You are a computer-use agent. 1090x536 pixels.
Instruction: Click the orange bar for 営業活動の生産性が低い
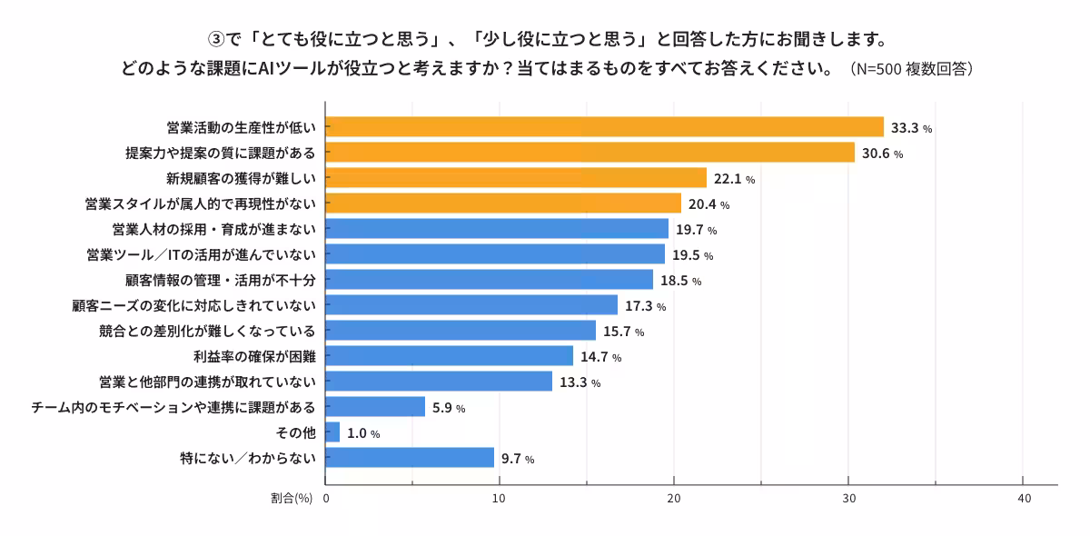point(604,127)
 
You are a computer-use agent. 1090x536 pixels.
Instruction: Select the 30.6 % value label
point(883,154)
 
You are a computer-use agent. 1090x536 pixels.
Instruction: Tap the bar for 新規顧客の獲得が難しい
point(516,178)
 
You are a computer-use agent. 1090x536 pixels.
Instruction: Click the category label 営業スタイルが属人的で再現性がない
point(200,203)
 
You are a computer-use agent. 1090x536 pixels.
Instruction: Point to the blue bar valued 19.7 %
point(497,229)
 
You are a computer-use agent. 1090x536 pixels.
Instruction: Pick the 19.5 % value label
point(692,255)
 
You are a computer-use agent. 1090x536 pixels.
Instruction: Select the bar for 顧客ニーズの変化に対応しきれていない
point(471,305)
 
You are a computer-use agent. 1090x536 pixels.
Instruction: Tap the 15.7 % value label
point(623,332)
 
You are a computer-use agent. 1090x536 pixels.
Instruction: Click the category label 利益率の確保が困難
point(255,356)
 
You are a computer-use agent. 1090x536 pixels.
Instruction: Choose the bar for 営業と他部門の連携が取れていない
point(439,382)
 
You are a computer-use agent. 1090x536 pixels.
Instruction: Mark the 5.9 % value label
point(449,408)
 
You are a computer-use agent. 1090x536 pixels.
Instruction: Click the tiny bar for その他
point(332,432)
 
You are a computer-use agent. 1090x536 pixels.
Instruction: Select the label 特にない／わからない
point(248,458)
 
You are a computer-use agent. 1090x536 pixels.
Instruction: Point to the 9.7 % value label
point(518,459)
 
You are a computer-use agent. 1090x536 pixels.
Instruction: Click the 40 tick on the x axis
point(1024,499)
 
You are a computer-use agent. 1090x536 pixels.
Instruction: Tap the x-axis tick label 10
point(500,499)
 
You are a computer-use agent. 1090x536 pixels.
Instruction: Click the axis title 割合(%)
point(291,499)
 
